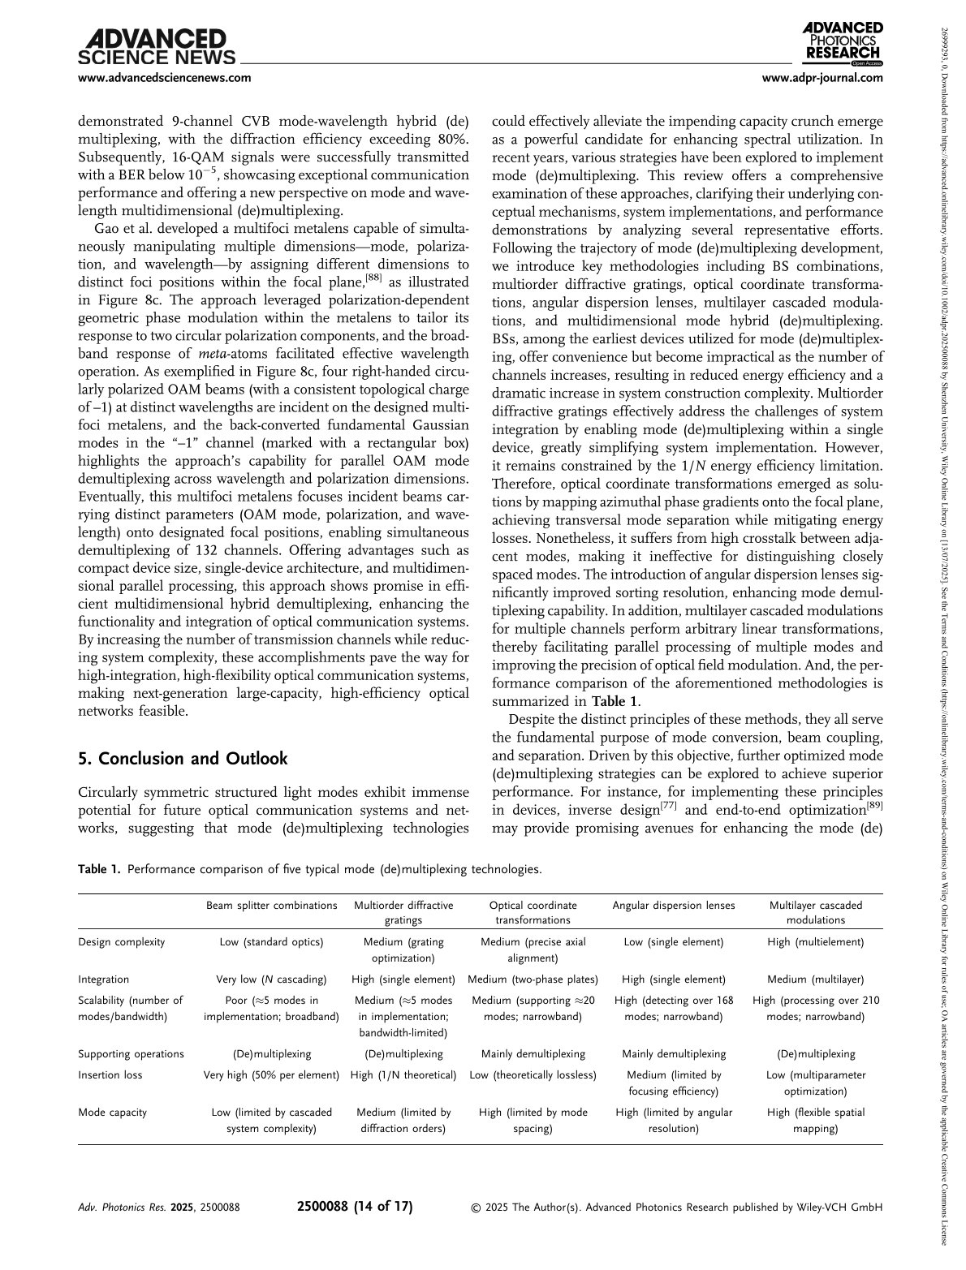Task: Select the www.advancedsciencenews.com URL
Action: pos(164,79)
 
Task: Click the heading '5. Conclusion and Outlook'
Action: pos(183,759)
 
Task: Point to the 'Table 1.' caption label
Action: pos(99,869)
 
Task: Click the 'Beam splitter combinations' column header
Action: pos(271,906)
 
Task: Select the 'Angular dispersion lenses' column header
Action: pos(673,906)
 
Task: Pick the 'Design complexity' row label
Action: pos(121,942)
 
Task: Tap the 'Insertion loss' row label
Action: pos(110,1075)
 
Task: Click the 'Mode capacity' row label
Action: pos(112,1113)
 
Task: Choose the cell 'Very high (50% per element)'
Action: pos(271,1075)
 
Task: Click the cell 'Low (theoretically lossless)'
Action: pos(533,1075)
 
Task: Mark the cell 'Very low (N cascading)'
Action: pos(271,979)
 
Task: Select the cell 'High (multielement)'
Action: pos(815,942)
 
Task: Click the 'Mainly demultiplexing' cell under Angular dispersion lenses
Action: pos(673,1054)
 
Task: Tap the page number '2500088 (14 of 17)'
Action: pos(356,1207)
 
